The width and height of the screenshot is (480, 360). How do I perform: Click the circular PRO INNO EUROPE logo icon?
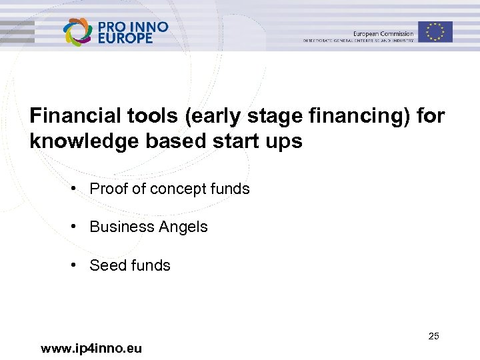click(78, 32)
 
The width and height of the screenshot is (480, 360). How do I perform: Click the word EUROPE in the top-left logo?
click(125, 39)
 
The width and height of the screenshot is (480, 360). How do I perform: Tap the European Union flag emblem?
click(435, 31)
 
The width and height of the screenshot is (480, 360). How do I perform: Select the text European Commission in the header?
click(383, 34)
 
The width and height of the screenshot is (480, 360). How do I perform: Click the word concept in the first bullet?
click(178, 189)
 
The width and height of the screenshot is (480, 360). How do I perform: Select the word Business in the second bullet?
click(119, 227)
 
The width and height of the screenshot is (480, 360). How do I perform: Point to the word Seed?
click(107, 265)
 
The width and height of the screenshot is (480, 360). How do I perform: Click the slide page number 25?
click(433, 336)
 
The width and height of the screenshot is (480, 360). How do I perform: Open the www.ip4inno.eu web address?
click(91, 348)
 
